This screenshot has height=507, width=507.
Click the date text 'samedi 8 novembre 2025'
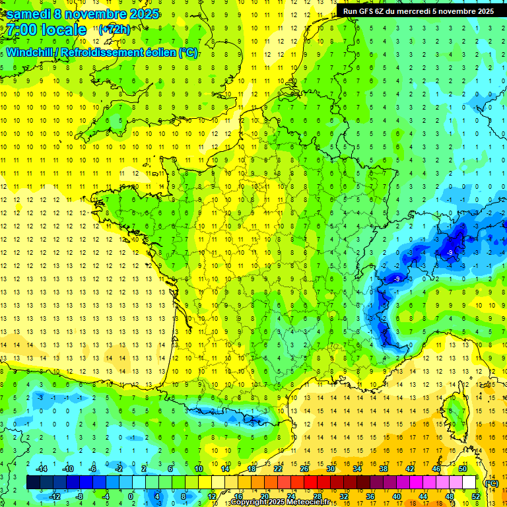click(83, 14)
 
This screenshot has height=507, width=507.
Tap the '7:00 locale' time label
click(47, 30)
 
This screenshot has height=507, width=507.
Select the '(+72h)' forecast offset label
click(114, 30)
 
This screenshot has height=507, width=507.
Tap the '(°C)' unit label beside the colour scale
click(491, 483)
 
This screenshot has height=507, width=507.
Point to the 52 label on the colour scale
click(477, 496)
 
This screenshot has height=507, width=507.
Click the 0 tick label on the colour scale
click(130, 496)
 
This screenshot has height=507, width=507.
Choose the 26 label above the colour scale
click(304, 469)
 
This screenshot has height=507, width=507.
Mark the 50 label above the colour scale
click(463, 469)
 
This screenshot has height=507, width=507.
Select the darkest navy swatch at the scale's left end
click(34, 482)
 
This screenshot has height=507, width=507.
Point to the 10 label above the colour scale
click(198, 469)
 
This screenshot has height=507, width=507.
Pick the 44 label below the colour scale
click(423, 496)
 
